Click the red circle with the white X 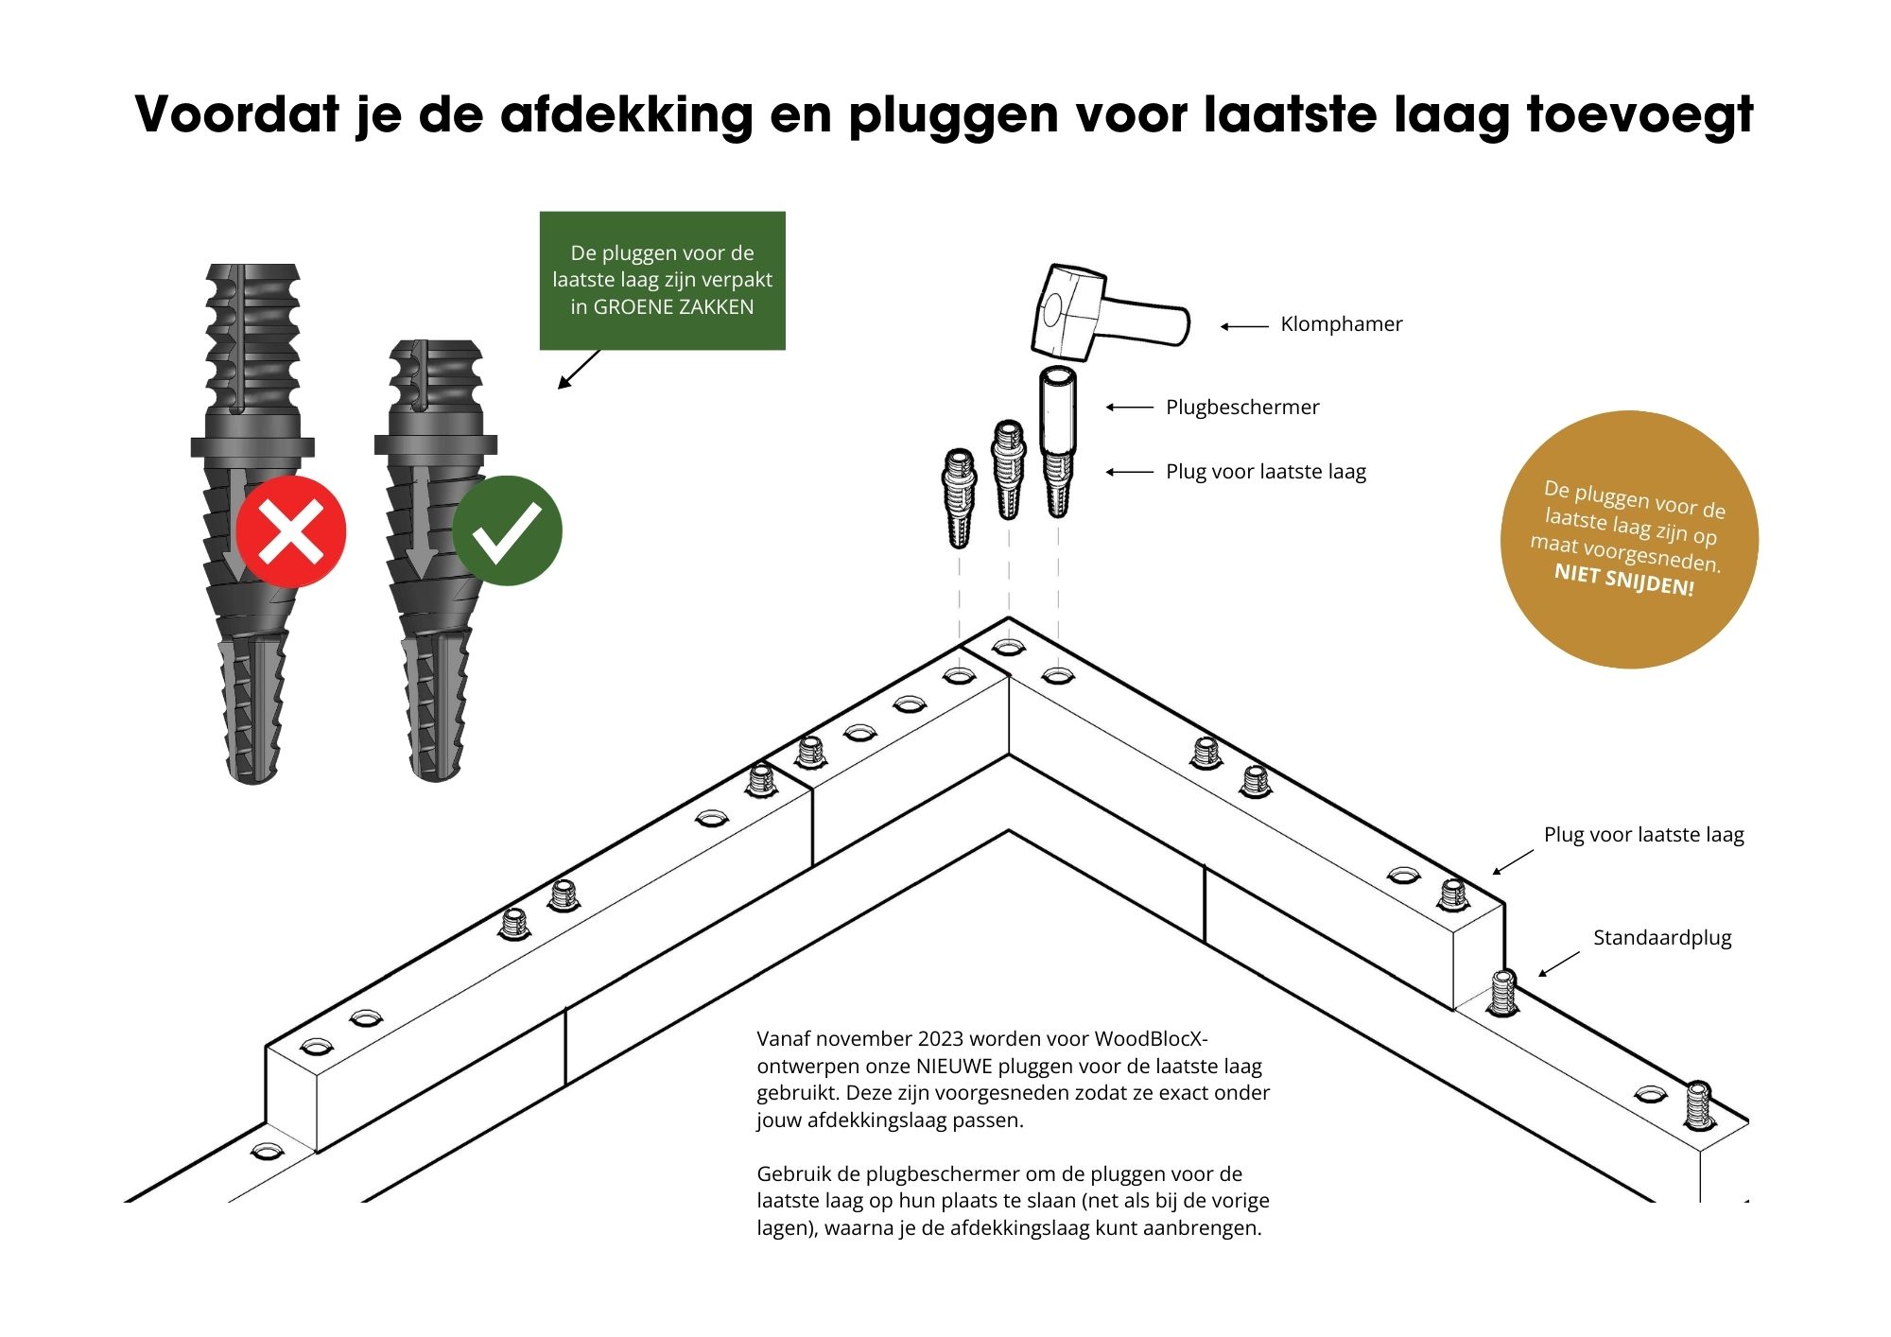click(x=291, y=531)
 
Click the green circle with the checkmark click(x=508, y=531)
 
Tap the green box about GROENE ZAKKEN click(x=663, y=281)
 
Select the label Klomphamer click(x=1341, y=324)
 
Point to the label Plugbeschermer click(x=1242, y=408)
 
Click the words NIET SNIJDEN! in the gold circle click(x=1624, y=580)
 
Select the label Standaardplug click(x=1662, y=938)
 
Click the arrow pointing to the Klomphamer click(x=1244, y=326)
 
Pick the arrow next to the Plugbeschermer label click(x=1130, y=408)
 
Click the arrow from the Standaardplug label click(x=1559, y=964)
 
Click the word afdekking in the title click(x=627, y=114)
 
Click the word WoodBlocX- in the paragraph click(x=1152, y=1039)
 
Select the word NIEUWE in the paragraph click(x=954, y=1067)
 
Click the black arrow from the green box click(x=580, y=369)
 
